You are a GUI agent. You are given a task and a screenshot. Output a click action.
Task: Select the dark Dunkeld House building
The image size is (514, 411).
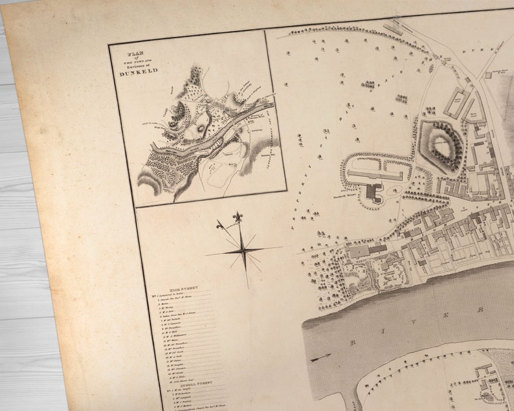pyautogui.click(x=374, y=192)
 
